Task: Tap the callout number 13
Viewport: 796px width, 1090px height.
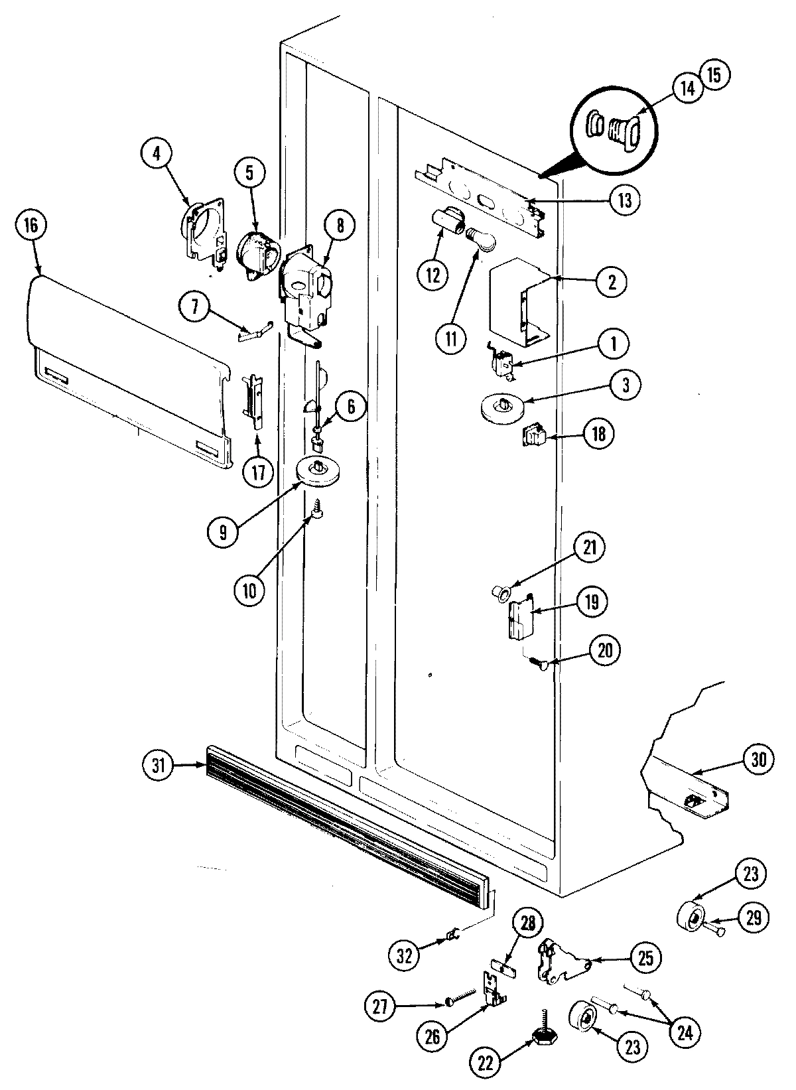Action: pyautogui.click(x=626, y=200)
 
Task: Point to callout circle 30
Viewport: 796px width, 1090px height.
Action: pyautogui.click(x=759, y=759)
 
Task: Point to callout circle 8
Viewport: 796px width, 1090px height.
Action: pyautogui.click(x=340, y=225)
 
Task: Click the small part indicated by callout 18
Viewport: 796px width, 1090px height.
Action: pyautogui.click(x=536, y=437)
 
